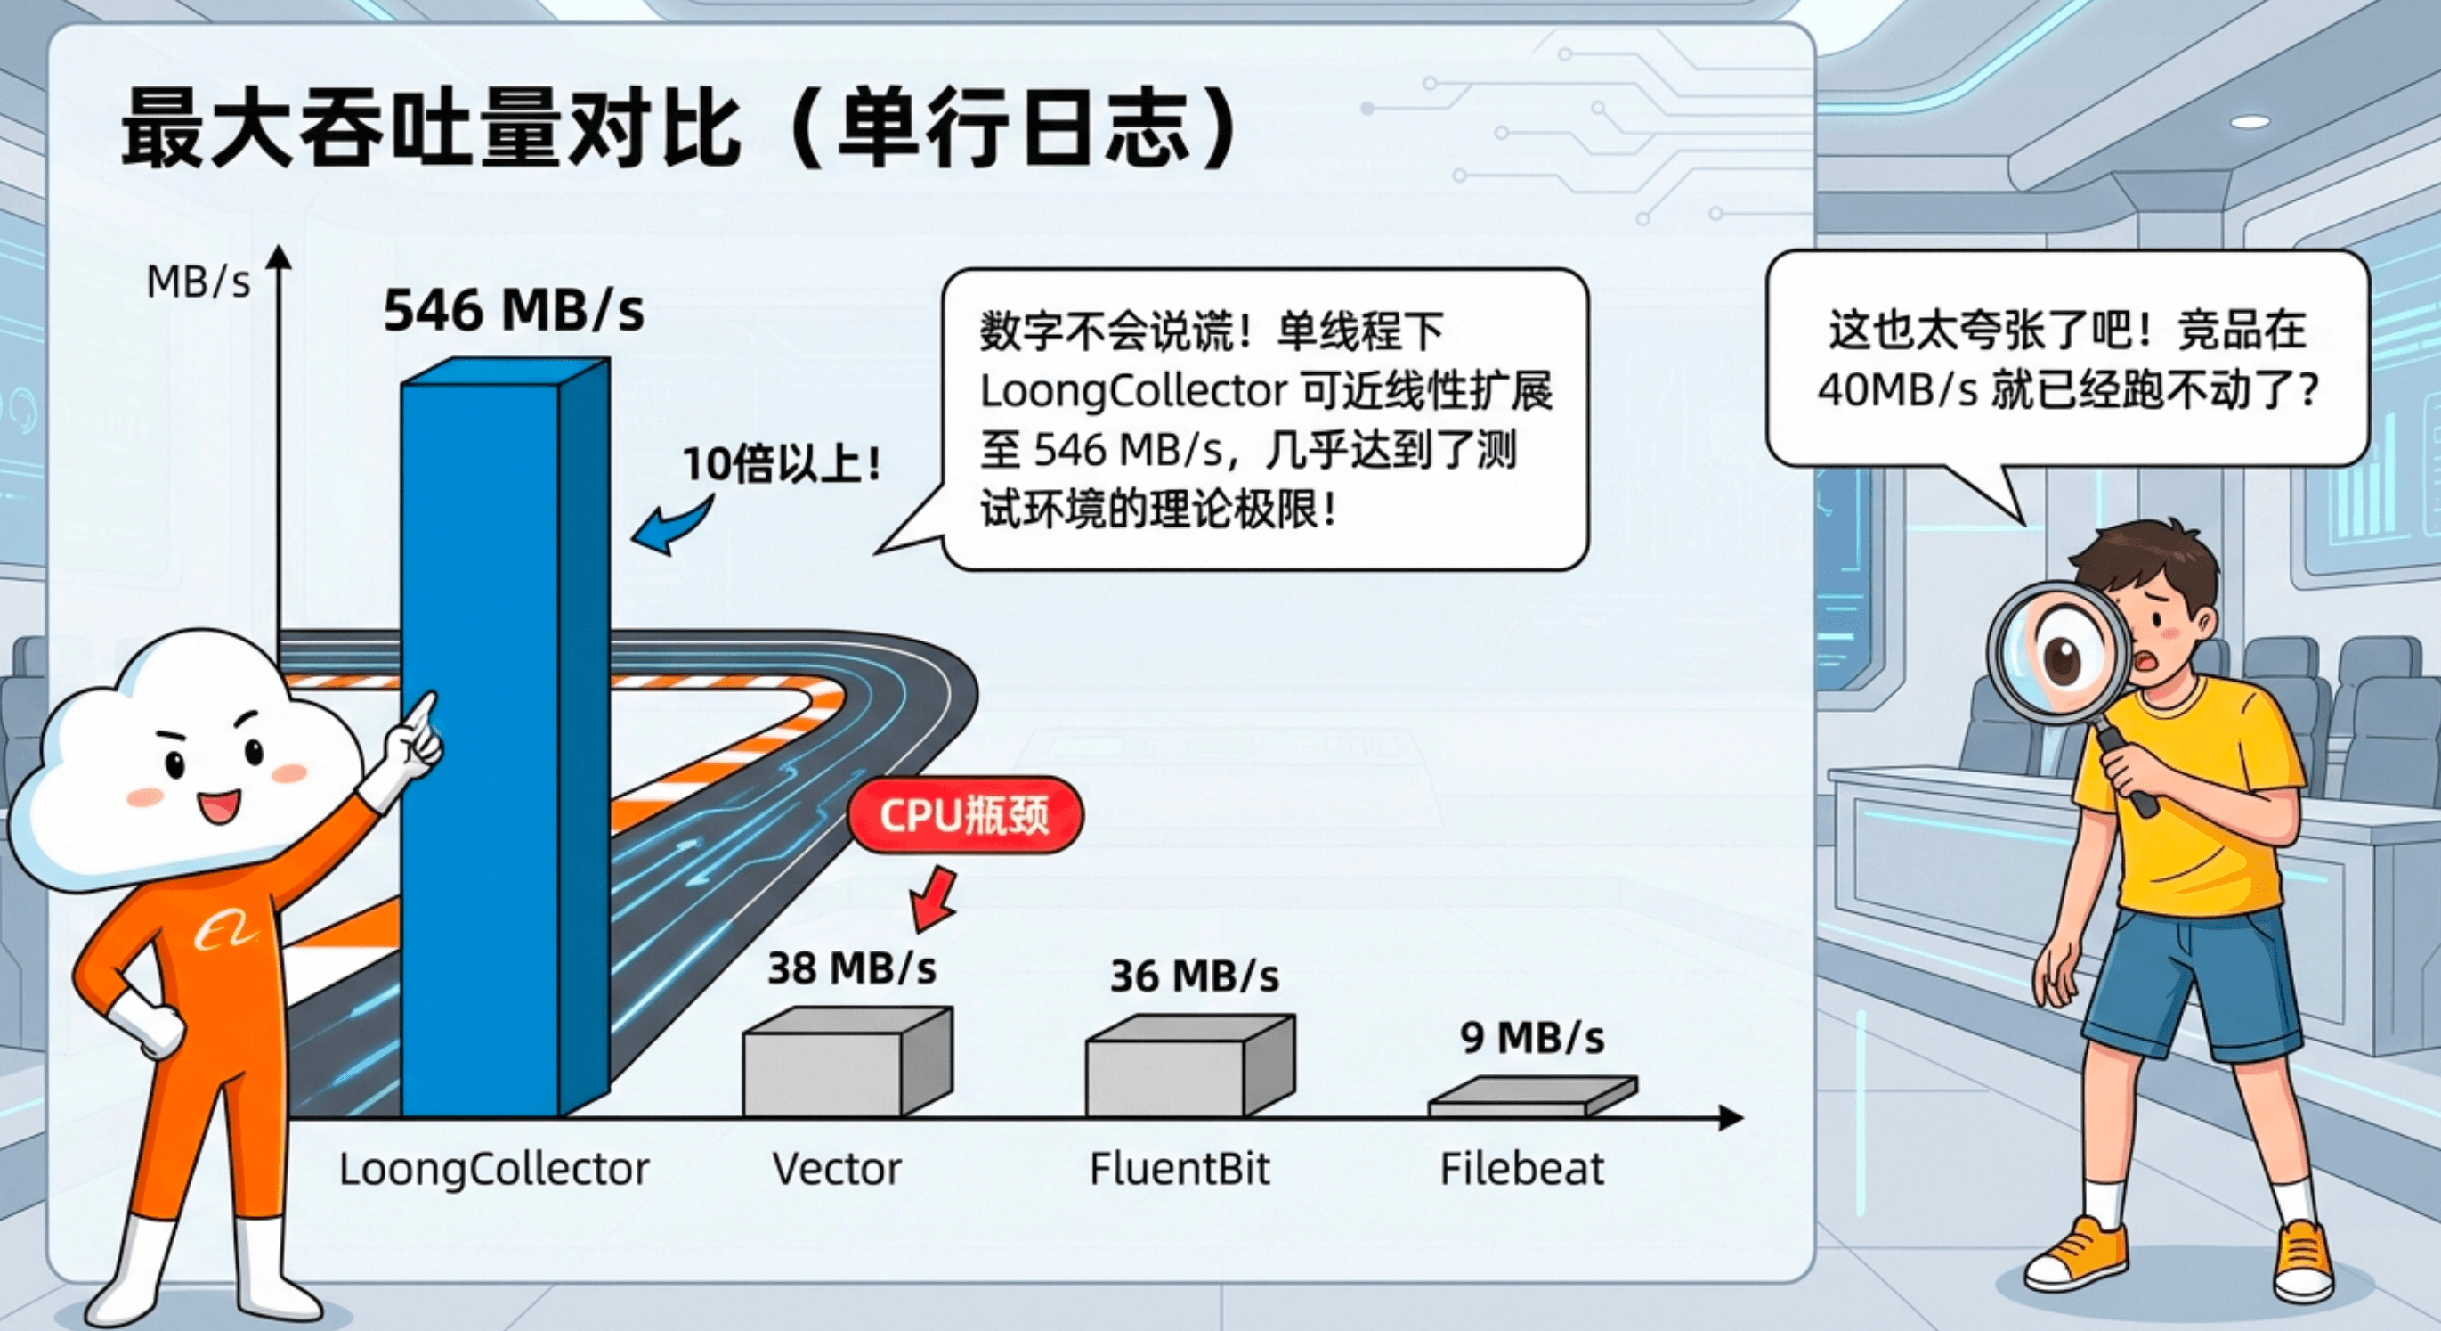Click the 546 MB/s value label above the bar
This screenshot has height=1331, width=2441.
[514, 310]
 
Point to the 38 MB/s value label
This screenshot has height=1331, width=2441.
[851, 968]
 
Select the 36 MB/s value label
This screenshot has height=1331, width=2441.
[1194, 976]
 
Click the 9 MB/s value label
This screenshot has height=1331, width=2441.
[1532, 1038]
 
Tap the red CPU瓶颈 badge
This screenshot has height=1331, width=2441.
[965, 815]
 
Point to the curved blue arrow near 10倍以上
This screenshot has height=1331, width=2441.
[671, 527]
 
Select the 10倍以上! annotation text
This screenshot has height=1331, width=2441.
[782, 463]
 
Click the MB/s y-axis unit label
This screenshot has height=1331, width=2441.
[199, 282]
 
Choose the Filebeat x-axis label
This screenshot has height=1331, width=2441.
[1521, 1169]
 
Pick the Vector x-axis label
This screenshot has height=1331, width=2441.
[836, 1169]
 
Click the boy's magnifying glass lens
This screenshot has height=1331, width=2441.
[2053, 650]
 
